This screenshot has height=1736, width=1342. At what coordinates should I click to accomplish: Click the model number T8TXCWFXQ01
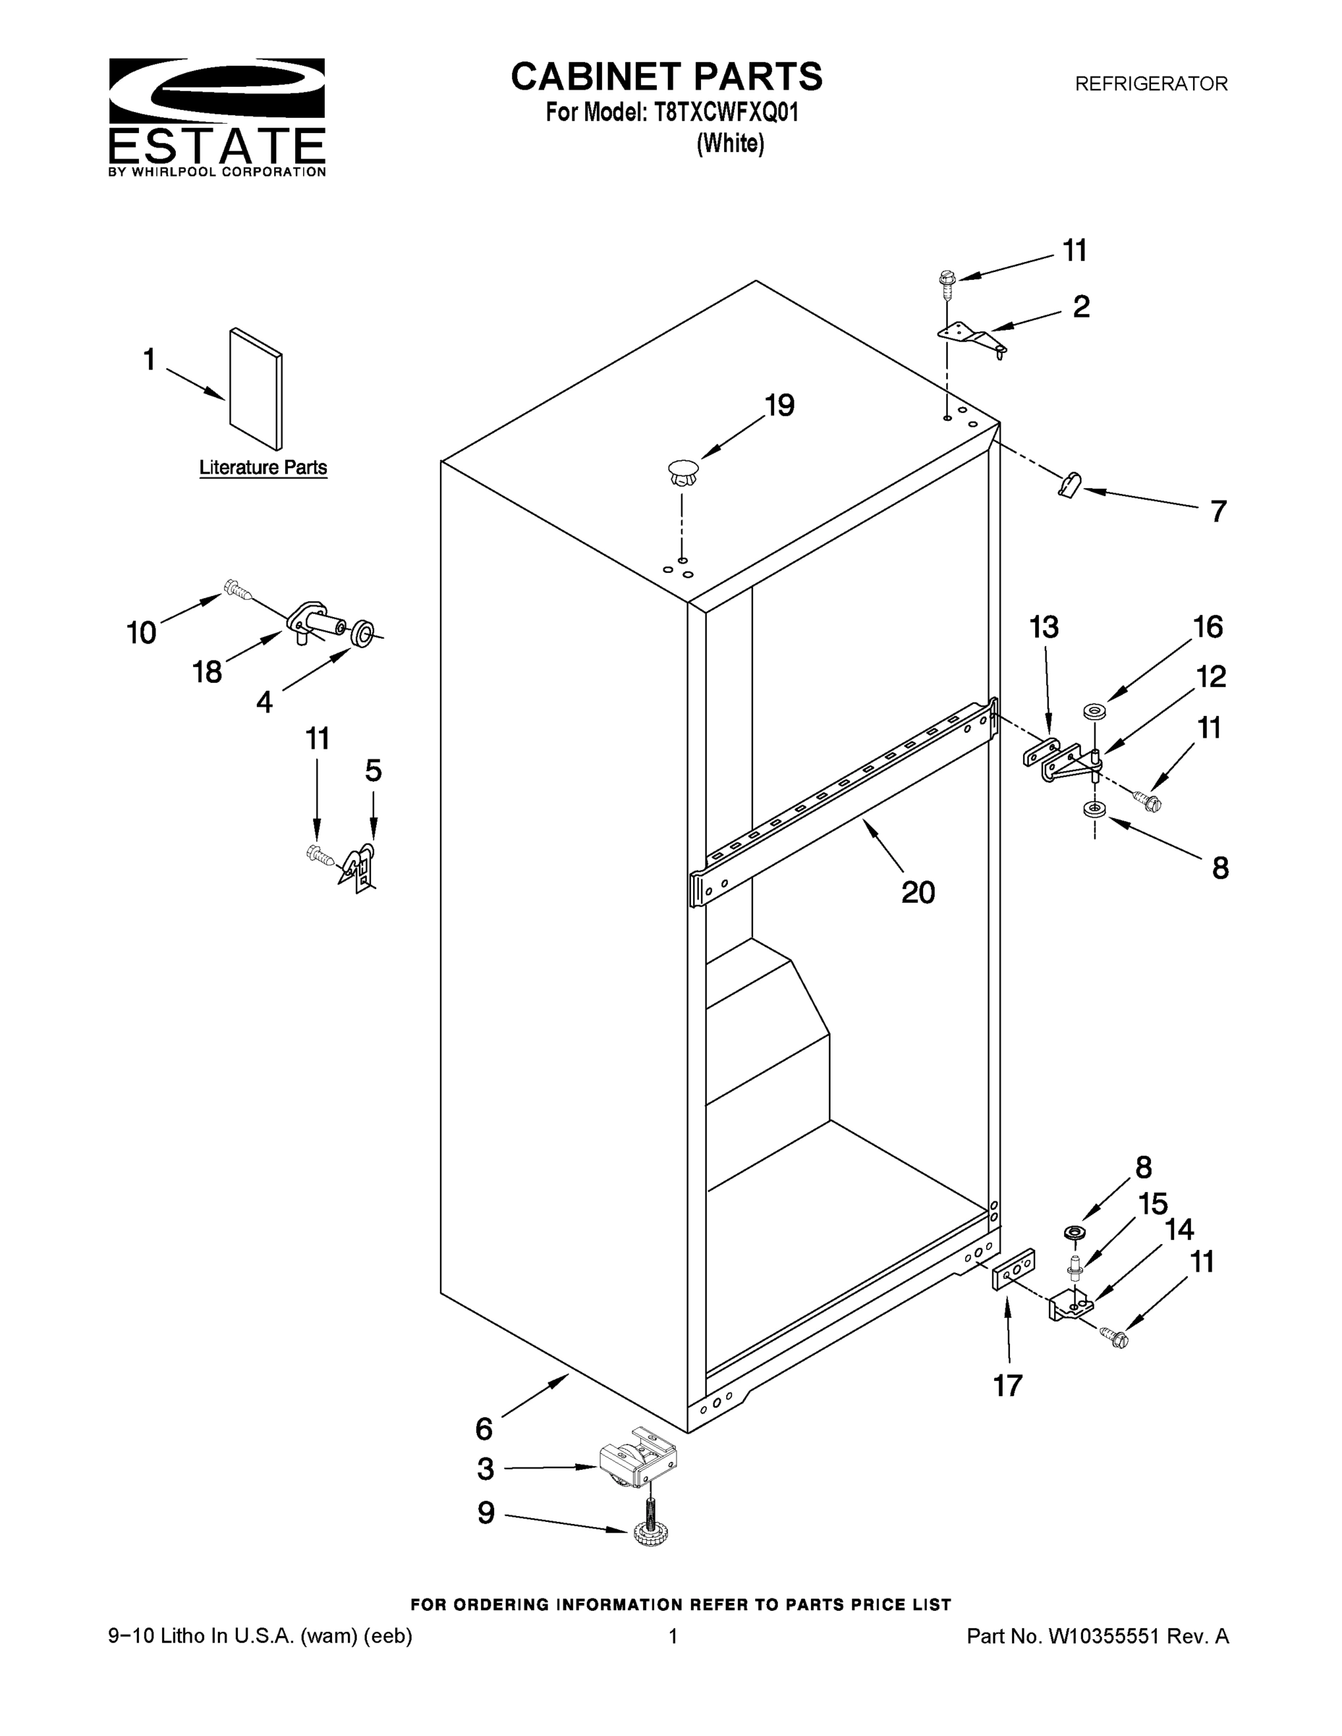(x=726, y=113)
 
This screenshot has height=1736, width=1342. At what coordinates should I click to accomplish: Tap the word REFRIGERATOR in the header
(x=1150, y=83)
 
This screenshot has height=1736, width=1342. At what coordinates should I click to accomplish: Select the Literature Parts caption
(x=263, y=467)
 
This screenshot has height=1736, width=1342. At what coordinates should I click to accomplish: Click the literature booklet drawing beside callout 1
(x=255, y=389)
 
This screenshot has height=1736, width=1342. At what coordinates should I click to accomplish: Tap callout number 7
(x=1218, y=511)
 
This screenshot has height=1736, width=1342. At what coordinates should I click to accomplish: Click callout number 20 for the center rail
(x=917, y=892)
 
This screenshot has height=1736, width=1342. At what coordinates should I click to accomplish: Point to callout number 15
(x=1152, y=1204)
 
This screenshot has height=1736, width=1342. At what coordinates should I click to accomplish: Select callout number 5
(x=373, y=771)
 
